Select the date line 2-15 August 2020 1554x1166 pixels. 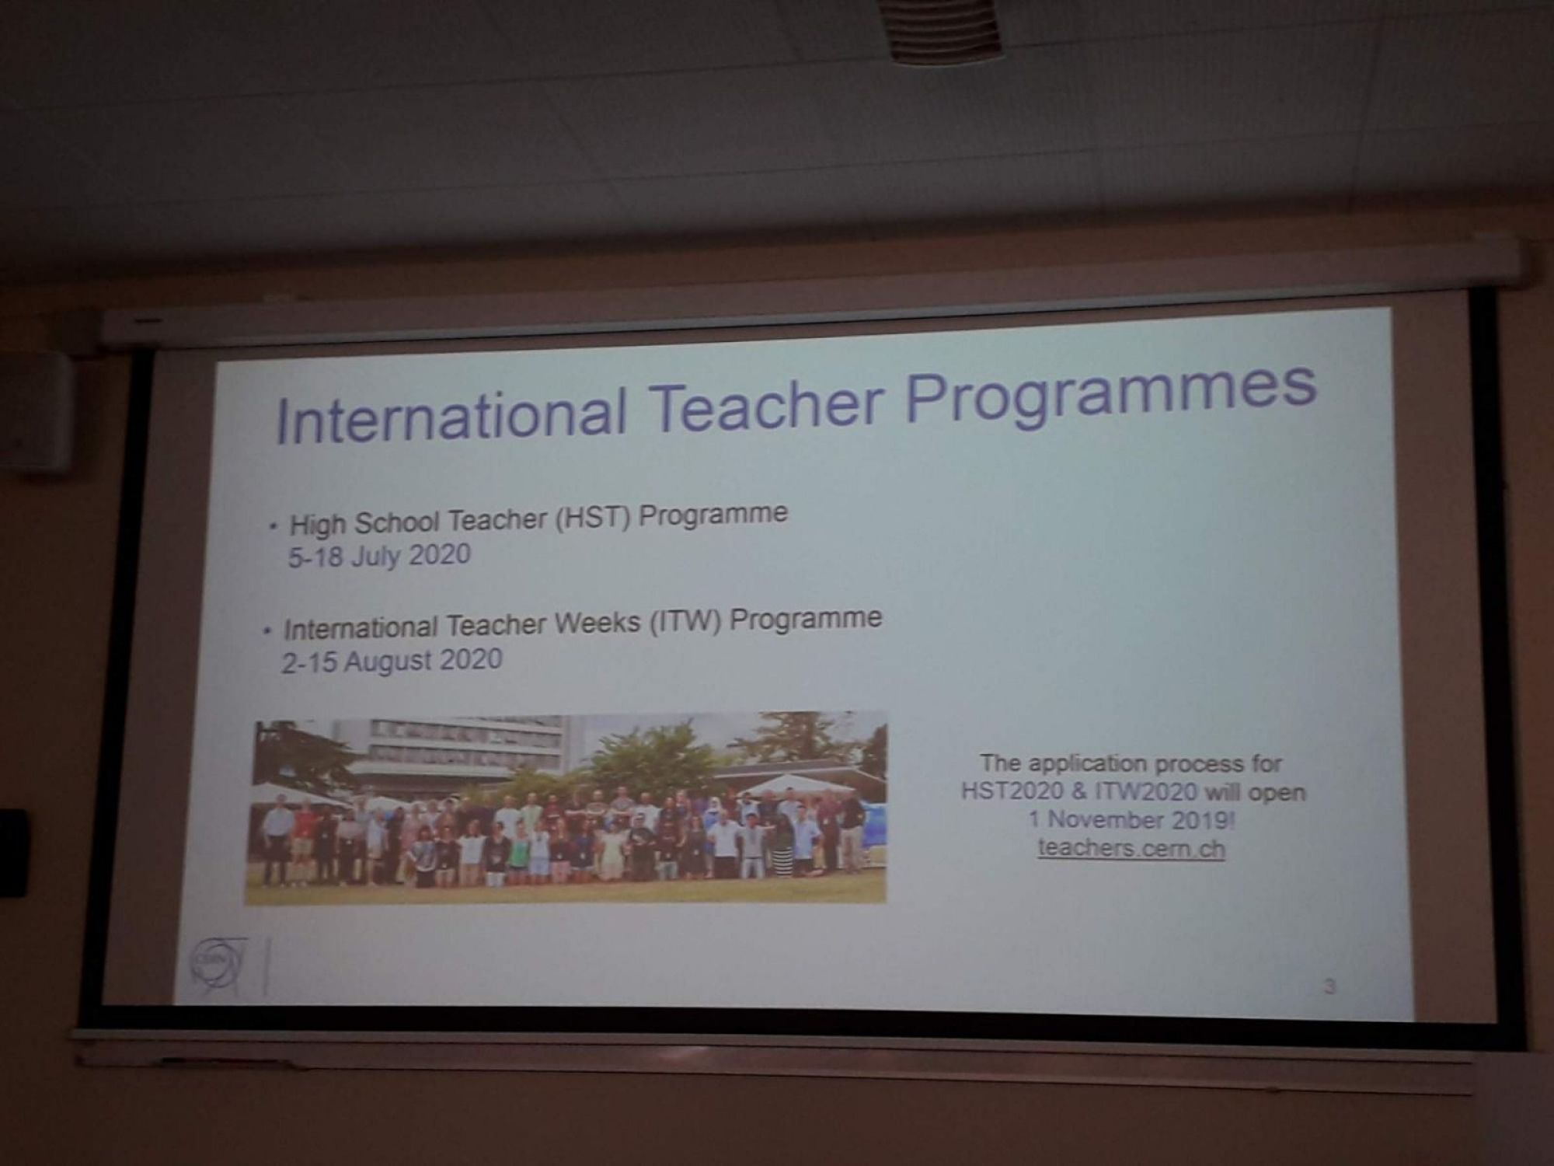point(392,662)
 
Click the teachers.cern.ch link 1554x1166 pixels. point(1131,848)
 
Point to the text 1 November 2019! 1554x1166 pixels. point(1131,819)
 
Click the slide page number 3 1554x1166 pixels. point(1329,987)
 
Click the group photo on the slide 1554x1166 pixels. point(566,808)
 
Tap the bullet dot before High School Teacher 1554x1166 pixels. point(273,526)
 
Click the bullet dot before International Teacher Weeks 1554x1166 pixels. point(267,630)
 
